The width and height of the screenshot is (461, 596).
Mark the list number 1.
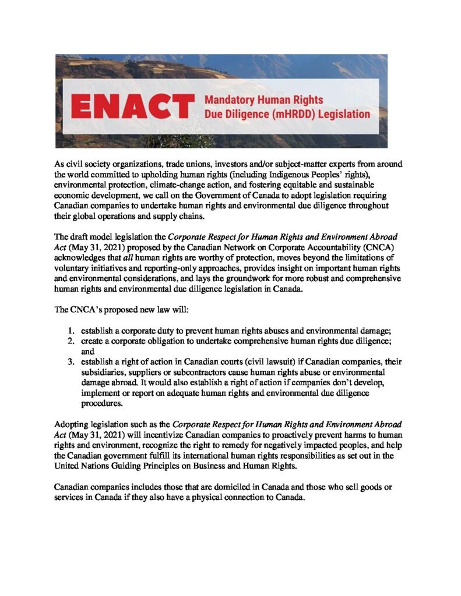(71, 333)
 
